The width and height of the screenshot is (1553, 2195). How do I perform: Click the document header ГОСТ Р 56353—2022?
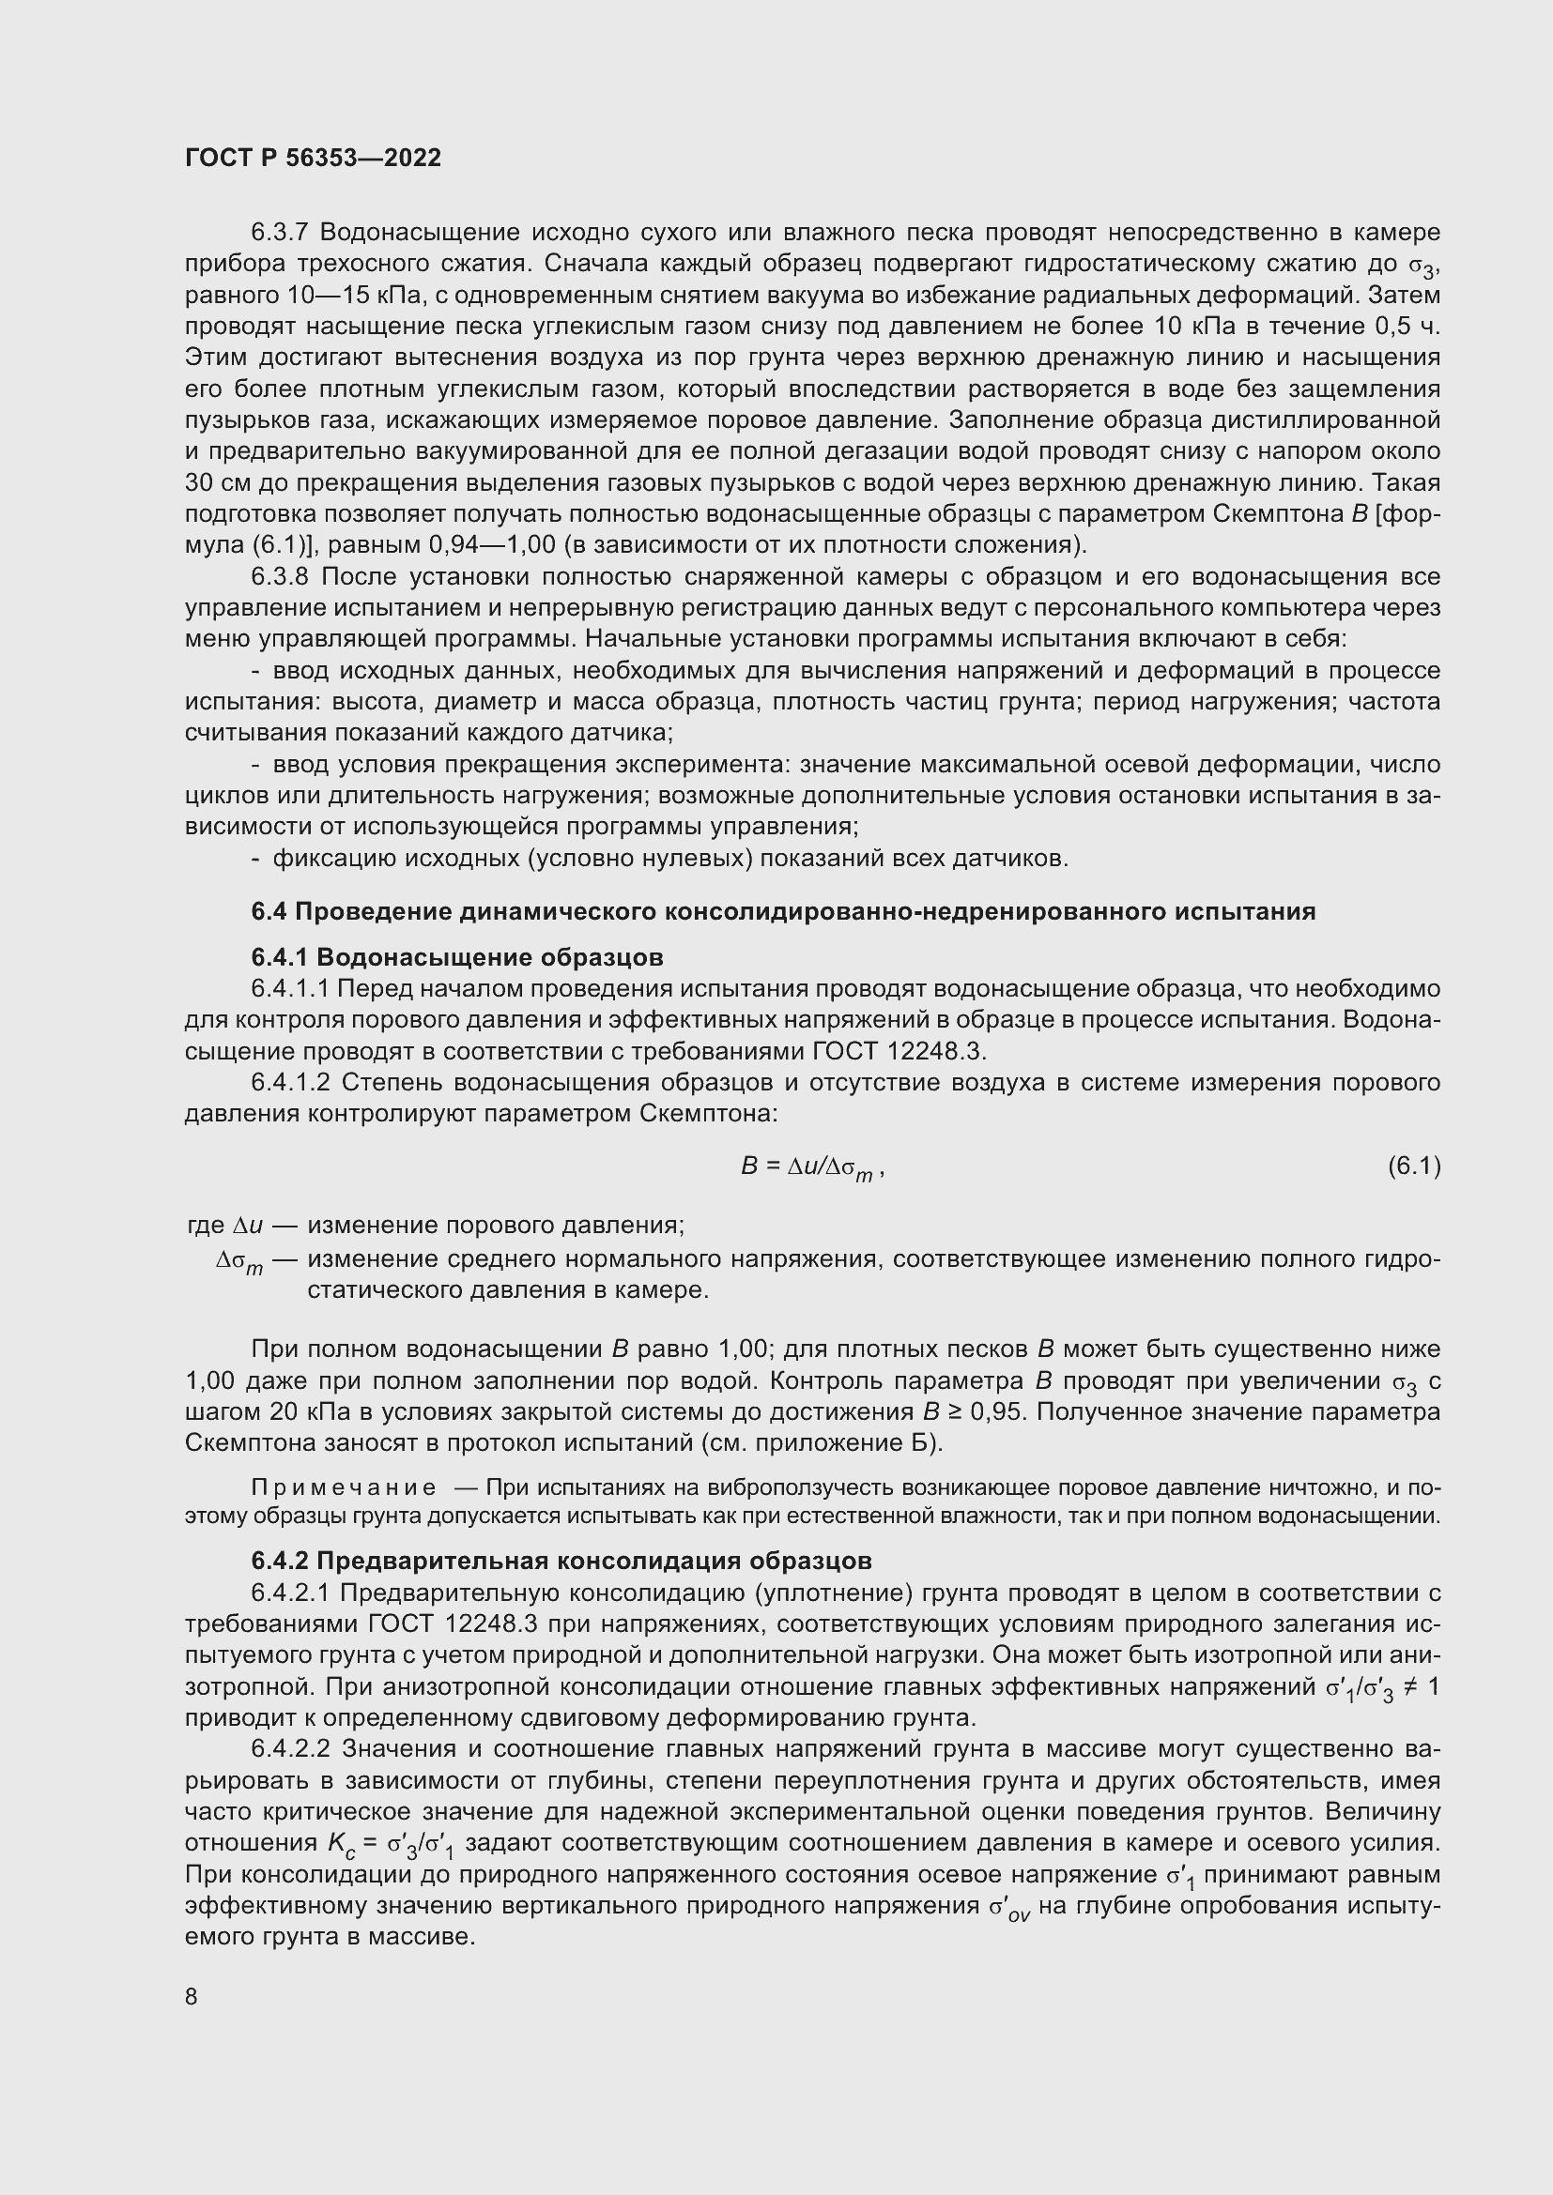tap(313, 158)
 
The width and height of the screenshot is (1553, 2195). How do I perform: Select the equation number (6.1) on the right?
tap(1413, 1166)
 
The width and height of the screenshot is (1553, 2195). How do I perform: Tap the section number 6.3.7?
tap(279, 233)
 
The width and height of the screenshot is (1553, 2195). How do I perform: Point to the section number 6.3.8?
tap(279, 576)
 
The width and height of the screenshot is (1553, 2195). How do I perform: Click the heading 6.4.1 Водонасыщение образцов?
tap(457, 957)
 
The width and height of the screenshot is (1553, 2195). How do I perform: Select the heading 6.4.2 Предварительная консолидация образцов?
tap(561, 1561)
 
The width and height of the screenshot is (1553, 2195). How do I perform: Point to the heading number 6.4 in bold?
tap(268, 911)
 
